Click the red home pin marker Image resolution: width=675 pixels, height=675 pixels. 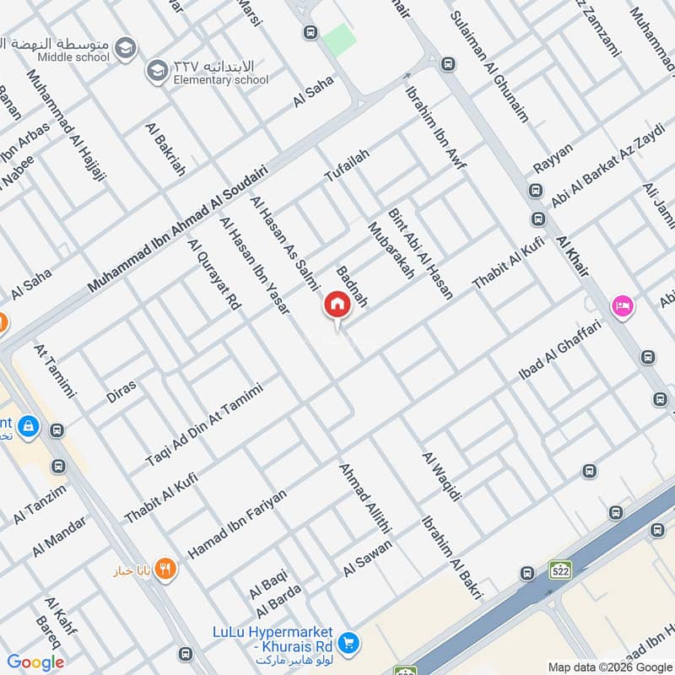coord(337,305)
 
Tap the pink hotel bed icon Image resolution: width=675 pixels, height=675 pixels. coord(624,305)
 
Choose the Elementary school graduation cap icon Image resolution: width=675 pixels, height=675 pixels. coord(156,72)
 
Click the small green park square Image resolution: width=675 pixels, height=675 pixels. coord(339,38)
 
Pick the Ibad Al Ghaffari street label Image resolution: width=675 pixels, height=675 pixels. coord(559,349)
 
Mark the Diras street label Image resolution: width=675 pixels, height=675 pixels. coord(121,390)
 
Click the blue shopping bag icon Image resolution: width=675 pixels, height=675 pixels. coord(29,426)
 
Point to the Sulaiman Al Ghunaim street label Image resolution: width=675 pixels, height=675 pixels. coord(489,67)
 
